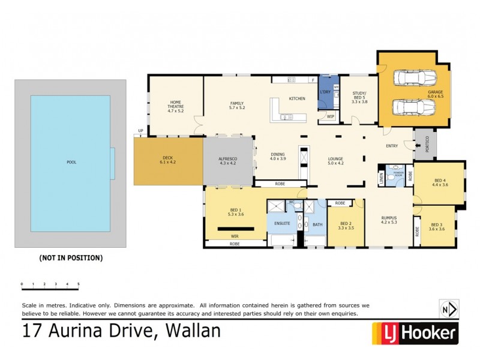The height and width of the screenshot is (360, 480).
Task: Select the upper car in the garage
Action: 413,79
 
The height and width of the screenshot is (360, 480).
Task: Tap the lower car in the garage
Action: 413,107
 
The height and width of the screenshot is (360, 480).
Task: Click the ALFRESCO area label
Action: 228,159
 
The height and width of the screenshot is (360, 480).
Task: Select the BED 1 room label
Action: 235,211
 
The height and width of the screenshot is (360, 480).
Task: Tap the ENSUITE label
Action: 282,224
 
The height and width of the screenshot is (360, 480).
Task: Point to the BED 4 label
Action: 440,180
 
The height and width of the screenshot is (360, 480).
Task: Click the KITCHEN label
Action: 298,98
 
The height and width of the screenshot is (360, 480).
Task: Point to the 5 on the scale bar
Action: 79,284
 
